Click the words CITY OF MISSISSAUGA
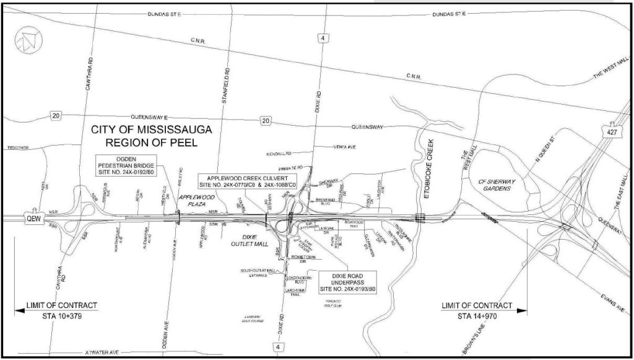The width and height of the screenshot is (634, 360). (152, 130)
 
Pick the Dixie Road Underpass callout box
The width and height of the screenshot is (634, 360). (347, 283)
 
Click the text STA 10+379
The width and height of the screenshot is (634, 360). (61, 317)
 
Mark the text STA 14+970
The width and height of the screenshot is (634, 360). (477, 317)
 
